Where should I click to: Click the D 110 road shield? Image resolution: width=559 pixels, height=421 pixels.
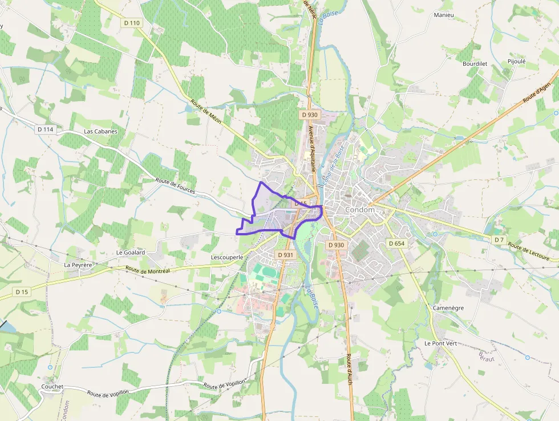click(x=131, y=23)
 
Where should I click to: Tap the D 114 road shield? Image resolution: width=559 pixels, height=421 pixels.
click(x=45, y=130)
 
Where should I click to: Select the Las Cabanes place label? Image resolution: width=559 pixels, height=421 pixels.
click(x=100, y=131)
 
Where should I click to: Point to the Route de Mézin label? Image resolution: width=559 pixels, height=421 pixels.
click(x=206, y=111)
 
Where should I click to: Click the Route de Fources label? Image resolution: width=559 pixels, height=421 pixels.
click(x=175, y=187)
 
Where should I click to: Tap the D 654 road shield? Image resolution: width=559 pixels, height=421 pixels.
click(x=396, y=243)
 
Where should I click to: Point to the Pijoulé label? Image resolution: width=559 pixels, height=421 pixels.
click(x=516, y=61)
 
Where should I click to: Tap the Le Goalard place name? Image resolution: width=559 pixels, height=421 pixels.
click(x=131, y=252)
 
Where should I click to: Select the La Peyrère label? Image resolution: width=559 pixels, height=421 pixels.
click(x=78, y=265)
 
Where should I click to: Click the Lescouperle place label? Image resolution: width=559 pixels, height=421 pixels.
click(x=227, y=258)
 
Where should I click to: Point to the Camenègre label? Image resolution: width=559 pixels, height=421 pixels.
click(x=448, y=308)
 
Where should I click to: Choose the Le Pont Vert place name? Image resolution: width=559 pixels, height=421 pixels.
click(x=440, y=343)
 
